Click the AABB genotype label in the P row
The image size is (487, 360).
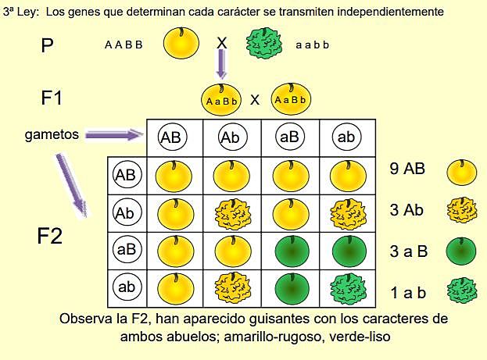(124, 45)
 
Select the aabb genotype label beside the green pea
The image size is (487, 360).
(313, 45)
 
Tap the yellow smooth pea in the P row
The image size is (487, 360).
(181, 44)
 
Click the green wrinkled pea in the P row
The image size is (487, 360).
(265, 45)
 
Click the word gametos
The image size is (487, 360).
(52, 134)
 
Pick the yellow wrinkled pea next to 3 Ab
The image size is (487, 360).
(460, 211)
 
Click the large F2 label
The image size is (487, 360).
(49, 236)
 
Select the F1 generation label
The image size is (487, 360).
(52, 98)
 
